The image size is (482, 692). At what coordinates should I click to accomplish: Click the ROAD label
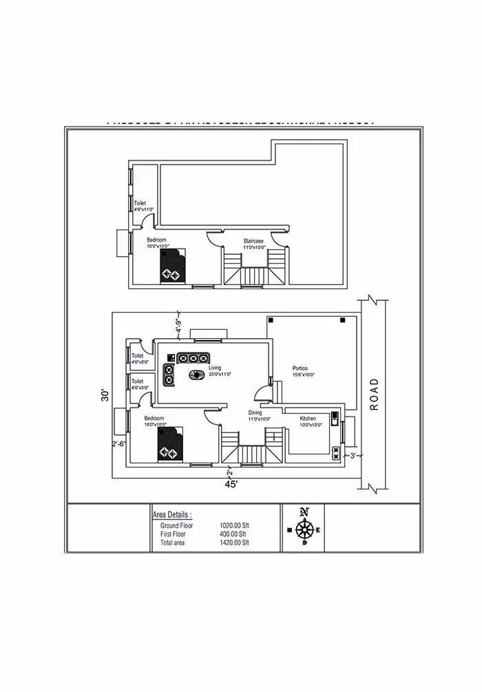pos(375,394)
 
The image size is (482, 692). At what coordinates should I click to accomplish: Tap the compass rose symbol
pos(304,528)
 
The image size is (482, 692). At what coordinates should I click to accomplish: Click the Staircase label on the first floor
pos(253,244)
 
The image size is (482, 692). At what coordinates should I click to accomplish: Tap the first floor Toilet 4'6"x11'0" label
pos(143,206)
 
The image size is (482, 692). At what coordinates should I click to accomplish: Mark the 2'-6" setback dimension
pos(118,444)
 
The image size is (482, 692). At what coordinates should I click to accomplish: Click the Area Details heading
pos(172,514)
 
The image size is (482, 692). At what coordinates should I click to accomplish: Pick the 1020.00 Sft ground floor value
pos(233,525)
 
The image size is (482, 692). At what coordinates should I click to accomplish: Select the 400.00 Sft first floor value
pos(233,534)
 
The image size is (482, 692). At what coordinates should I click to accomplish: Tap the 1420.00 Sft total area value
pos(233,543)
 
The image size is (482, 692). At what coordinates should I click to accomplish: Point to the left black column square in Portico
pos(271,321)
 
